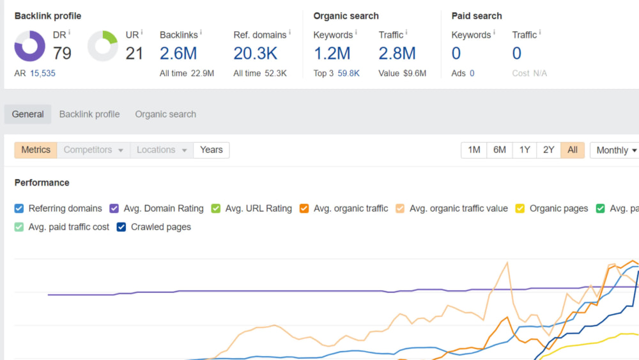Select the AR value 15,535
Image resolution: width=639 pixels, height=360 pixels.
(42, 74)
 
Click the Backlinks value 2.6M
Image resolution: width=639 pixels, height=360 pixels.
(178, 54)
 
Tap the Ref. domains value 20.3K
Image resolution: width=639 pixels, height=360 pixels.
(255, 54)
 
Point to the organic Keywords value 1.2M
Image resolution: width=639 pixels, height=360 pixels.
(332, 54)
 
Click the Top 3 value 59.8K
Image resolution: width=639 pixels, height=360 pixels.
(348, 74)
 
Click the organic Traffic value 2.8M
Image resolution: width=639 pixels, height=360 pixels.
(397, 54)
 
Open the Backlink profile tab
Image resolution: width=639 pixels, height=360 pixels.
(89, 114)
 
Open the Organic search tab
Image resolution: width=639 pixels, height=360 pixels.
(166, 114)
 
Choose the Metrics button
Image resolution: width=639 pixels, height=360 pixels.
(36, 150)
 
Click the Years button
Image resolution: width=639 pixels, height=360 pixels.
(212, 150)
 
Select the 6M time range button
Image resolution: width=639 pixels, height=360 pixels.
(500, 150)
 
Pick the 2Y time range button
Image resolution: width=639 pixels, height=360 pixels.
(548, 150)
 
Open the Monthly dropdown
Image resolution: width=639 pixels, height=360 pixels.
(615, 150)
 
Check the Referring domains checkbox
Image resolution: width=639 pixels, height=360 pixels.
(19, 208)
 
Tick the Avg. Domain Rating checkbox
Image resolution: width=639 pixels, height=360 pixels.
(114, 208)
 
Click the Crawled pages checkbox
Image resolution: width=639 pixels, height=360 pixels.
(121, 227)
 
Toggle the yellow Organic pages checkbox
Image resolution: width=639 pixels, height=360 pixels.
(520, 208)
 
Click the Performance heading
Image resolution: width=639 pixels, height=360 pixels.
(42, 183)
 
